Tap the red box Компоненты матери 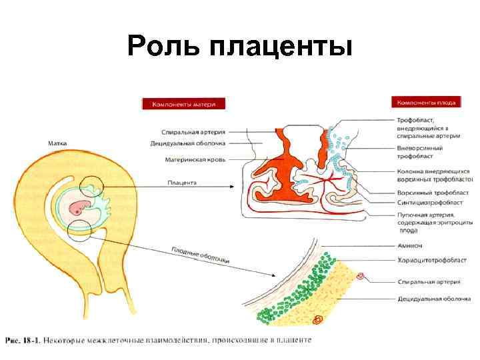183,103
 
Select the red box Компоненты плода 426,103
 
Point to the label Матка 56,142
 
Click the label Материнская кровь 195,160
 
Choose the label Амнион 409,245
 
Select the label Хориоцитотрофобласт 431,260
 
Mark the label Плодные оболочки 201,253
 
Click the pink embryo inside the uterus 83,207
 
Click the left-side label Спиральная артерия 193,131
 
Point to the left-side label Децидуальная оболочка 188,143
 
